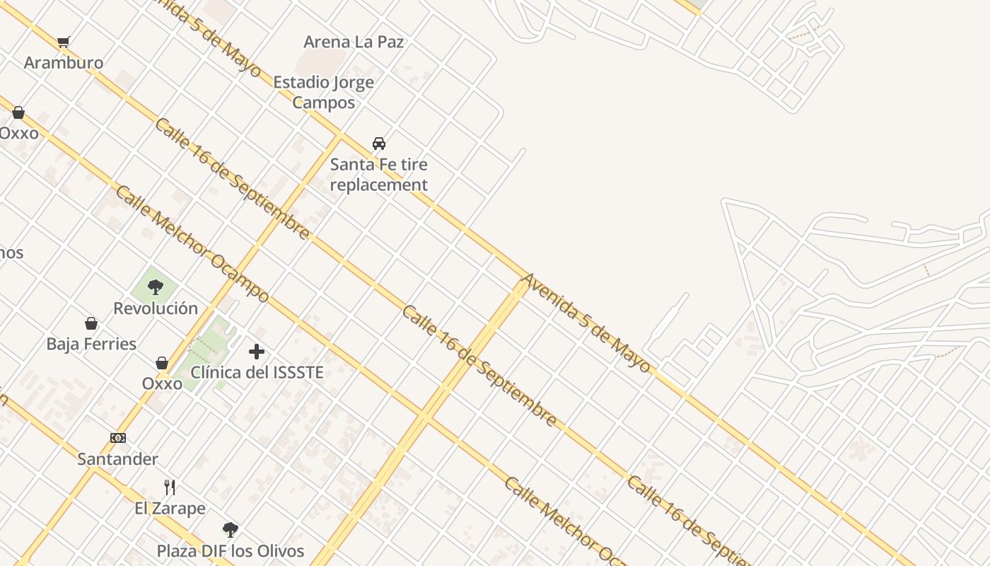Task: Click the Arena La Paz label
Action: click(354, 42)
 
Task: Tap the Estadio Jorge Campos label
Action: click(323, 92)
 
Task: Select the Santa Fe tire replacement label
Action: click(379, 175)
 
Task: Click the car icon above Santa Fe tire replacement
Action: click(379, 144)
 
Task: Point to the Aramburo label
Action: click(64, 63)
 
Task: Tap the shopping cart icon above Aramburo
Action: click(64, 42)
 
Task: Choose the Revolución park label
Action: click(156, 308)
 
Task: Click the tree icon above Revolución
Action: click(156, 287)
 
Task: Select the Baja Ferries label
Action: click(91, 345)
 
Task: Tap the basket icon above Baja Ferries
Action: click(91, 324)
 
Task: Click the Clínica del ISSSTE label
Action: click(257, 372)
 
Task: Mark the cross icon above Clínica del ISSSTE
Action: click(257, 351)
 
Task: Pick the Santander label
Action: click(117, 459)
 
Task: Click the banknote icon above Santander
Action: click(118, 438)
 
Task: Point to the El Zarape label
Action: click(170, 508)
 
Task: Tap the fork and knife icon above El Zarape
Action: click(170, 487)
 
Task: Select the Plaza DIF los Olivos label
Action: click(231, 551)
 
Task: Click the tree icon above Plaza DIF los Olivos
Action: click(230, 529)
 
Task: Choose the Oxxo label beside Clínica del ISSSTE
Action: click(162, 383)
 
